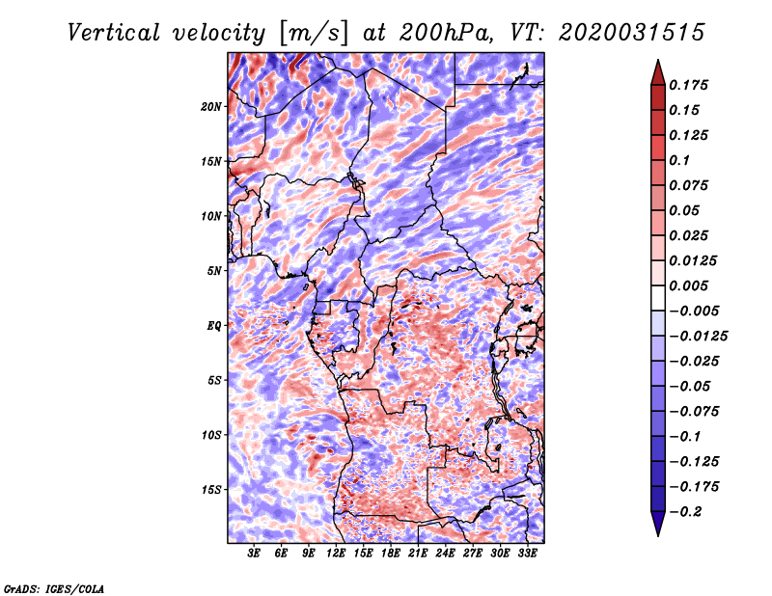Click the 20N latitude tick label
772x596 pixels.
(211, 106)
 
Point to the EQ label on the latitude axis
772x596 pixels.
(213, 325)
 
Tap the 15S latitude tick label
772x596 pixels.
(211, 490)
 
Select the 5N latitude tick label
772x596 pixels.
(214, 271)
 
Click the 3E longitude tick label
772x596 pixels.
(254, 554)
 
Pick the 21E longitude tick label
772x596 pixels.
(418, 554)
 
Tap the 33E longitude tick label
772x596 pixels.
(527, 554)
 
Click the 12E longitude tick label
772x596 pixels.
(336, 554)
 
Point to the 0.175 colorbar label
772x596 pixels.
(688, 85)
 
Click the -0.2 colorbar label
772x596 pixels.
(685, 512)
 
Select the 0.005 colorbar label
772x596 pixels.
(688, 285)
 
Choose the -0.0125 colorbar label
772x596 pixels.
(698, 337)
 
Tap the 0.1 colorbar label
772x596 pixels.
(679, 160)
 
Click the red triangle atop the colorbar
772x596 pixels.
(658, 73)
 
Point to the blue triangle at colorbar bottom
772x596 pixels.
(658, 524)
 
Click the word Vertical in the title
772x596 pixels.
(114, 33)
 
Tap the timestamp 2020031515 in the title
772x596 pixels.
(632, 33)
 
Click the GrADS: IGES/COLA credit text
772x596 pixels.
(54, 588)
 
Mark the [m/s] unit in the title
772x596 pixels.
(314, 34)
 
